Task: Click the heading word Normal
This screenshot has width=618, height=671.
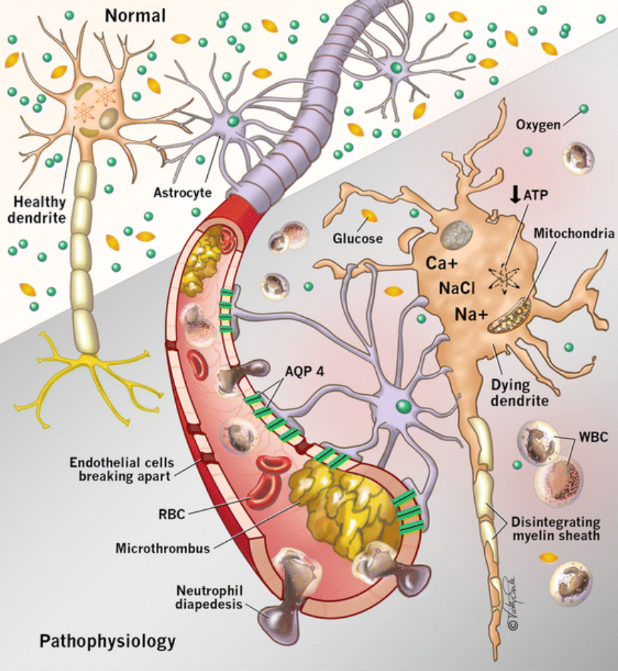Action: [x=135, y=14]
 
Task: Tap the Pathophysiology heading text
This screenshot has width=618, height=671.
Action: [x=108, y=641]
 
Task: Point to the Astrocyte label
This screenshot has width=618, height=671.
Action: [x=182, y=193]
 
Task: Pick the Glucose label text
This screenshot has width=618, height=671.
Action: [x=358, y=238]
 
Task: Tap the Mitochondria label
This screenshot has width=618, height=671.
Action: [x=573, y=234]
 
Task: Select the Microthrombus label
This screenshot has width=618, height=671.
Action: [x=162, y=549]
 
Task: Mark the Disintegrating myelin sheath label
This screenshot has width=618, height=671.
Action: [x=559, y=529]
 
